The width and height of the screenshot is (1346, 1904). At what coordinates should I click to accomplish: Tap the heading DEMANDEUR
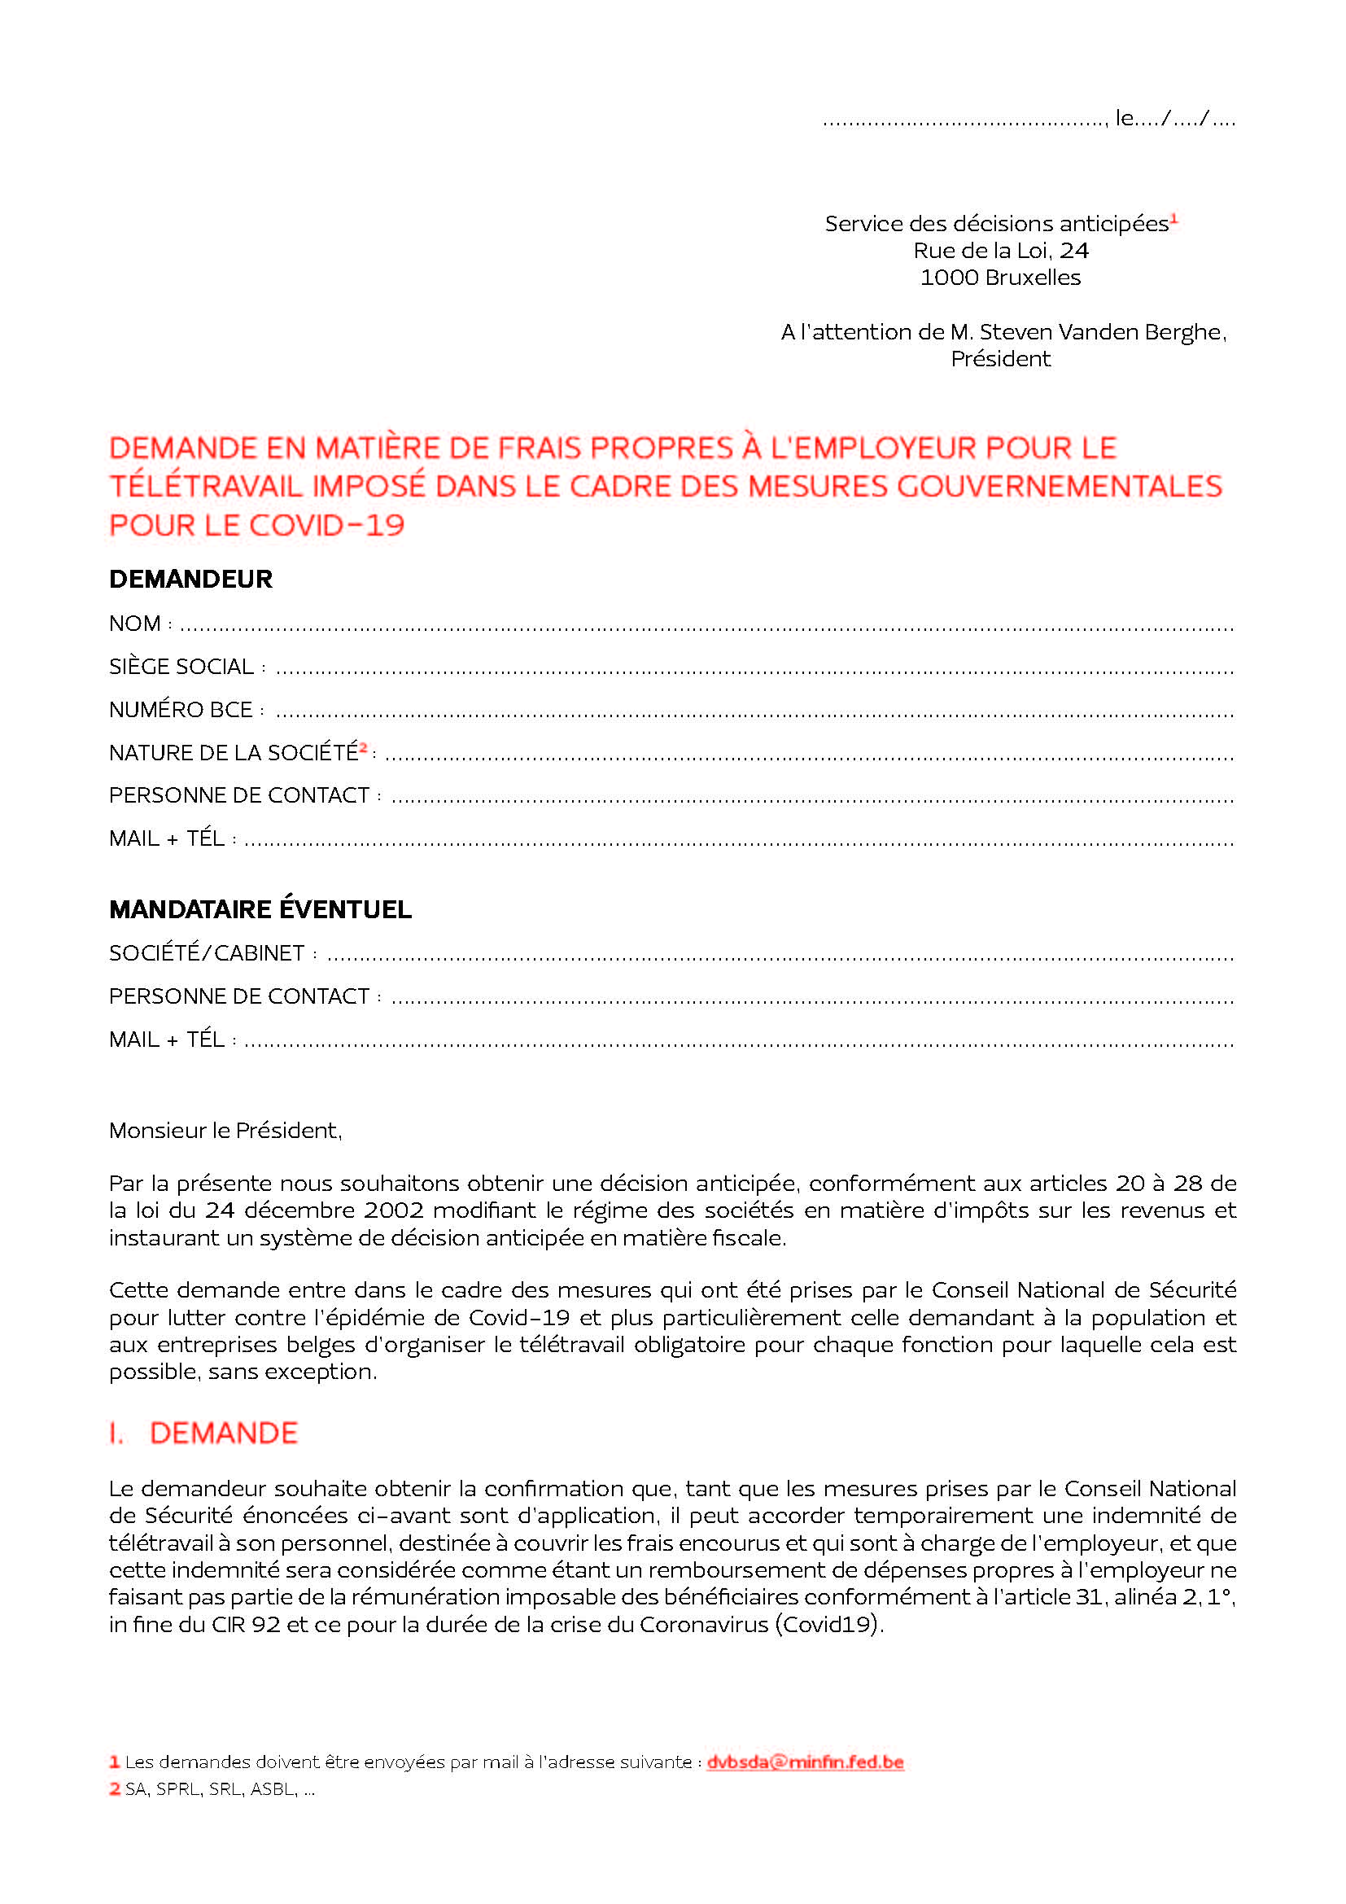coord(190,579)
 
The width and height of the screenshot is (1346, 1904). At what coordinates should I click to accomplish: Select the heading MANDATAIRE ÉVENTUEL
coord(260,910)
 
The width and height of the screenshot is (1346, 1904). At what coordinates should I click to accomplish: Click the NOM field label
coord(135,624)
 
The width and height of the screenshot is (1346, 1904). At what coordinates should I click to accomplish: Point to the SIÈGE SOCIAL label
coord(181,667)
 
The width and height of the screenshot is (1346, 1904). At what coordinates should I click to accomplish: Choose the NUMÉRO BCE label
coord(181,710)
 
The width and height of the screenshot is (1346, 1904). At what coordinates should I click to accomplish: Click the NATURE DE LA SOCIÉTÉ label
coord(233,753)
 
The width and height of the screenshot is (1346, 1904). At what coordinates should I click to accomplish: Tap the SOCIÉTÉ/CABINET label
coord(208,954)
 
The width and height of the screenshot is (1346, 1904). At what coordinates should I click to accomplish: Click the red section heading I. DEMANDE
coord(204,1433)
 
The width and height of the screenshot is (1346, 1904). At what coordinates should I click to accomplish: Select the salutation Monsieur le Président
coord(225,1131)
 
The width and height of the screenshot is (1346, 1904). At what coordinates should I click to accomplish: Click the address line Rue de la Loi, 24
coord(1000,251)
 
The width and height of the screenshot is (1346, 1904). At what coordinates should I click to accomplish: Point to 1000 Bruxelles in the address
coord(1000,278)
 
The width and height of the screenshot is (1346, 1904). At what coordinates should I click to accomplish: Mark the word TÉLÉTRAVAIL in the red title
coord(205,486)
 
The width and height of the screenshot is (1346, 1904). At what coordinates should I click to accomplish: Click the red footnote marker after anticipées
coord(1174,219)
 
